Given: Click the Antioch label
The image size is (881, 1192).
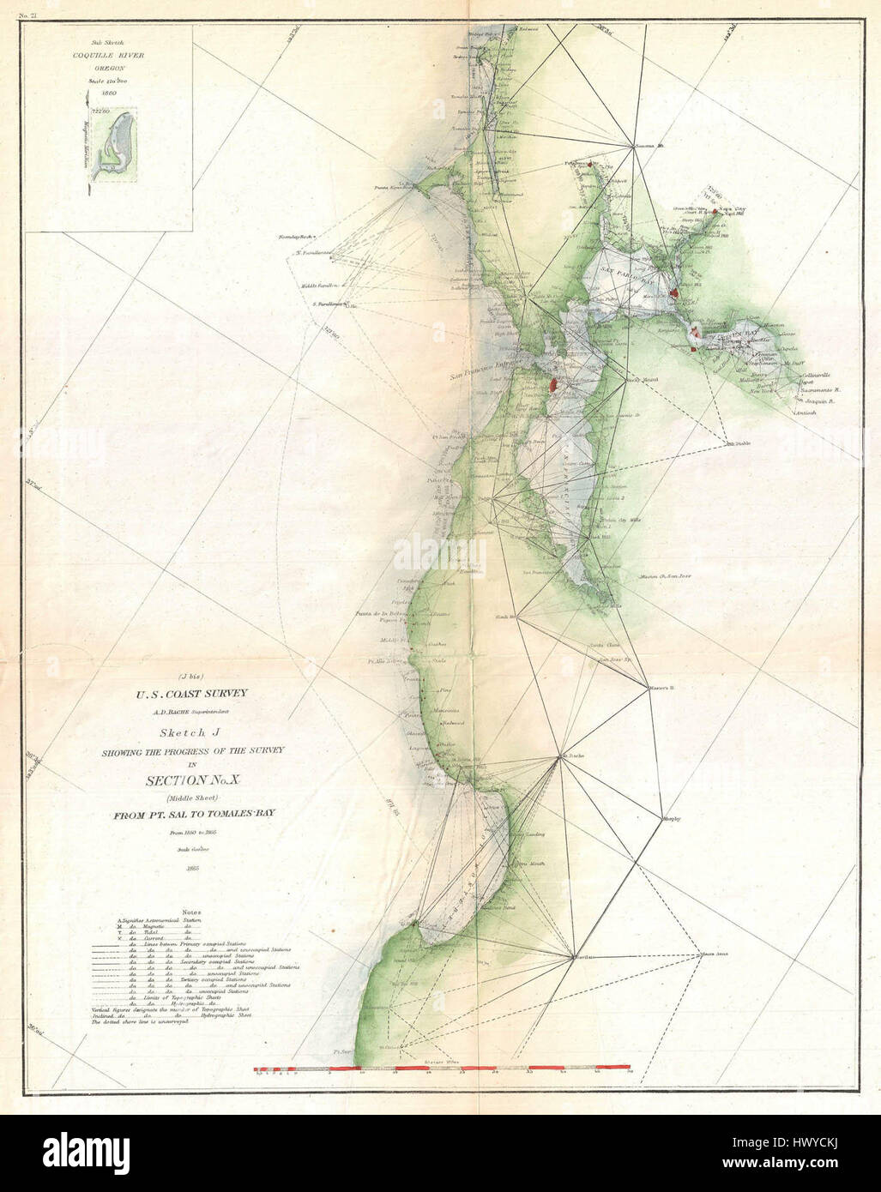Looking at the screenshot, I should (x=806, y=413).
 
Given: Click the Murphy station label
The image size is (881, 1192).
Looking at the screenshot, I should (x=673, y=819).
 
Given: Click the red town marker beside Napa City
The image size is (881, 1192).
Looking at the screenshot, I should (x=715, y=209).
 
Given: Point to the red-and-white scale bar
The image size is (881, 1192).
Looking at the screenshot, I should (x=442, y=1070).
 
